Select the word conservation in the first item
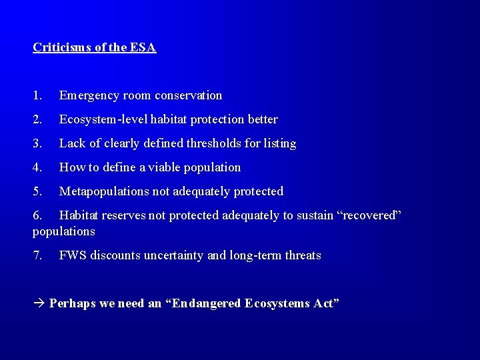pyautogui.click(x=189, y=95)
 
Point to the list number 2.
pyautogui.click(x=37, y=119)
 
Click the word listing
pyautogui.click(x=280, y=143)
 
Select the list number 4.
pyautogui.click(x=37, y=167)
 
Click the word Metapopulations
pyautogui.click(x=104, y=191)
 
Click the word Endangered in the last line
pyautogui.click(x=207, y=303)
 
